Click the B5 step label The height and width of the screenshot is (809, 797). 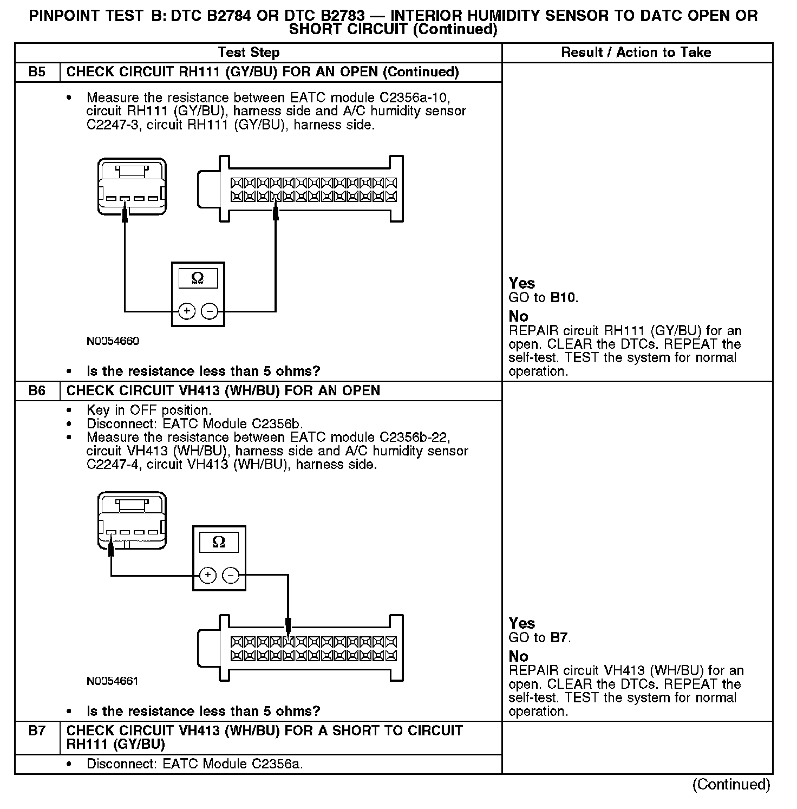[37, 72]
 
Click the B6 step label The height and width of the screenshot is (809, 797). [37, 390]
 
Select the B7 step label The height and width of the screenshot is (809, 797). [37, 730]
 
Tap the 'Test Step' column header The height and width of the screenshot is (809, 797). [249, 53]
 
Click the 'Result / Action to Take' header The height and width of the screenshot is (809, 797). [636, 53]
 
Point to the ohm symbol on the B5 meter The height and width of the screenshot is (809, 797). [198, 278]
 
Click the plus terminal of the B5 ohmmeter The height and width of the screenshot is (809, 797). [187, 311]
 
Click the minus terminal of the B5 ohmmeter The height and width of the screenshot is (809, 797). [209, 311]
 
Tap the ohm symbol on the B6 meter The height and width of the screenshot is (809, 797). [219, 542]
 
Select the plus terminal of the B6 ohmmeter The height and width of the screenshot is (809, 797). [208, 575]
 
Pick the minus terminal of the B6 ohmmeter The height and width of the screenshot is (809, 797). [231, 575]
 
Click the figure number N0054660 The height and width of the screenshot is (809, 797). [113, 341]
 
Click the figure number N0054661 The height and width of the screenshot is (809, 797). [113, 681]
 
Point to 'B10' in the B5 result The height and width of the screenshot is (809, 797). [563, 297]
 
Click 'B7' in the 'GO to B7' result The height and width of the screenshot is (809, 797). [559, 637]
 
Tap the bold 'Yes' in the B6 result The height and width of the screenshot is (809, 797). [522, 623]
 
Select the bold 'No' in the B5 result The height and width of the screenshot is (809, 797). [518, 316]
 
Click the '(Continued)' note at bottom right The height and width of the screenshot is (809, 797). [731, 785]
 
